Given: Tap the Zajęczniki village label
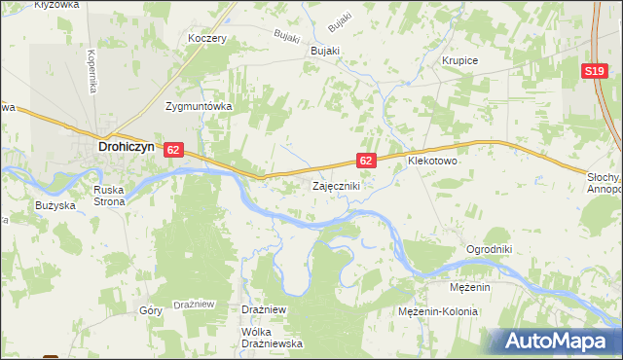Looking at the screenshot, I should point(337,185).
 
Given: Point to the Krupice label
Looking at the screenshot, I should point(459,60).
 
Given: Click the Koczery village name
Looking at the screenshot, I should point(207,39).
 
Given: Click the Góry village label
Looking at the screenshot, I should point(151,310).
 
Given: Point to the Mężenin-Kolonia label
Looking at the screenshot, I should point(438,311).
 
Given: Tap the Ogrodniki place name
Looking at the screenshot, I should point(489,248).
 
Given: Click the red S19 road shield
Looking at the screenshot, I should point(597,72).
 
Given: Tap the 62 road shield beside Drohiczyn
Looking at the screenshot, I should point(173,150).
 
